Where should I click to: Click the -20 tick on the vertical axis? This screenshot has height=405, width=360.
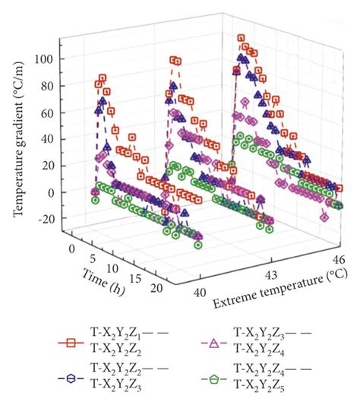tap(46, 219)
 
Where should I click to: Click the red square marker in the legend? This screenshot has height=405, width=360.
tap(71, 343)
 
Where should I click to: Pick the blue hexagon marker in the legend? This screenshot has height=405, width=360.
tap(71, 377)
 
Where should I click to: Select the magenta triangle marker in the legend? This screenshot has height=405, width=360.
tap(215, 343)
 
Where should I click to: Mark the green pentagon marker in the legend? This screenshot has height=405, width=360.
tap(215, 377)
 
